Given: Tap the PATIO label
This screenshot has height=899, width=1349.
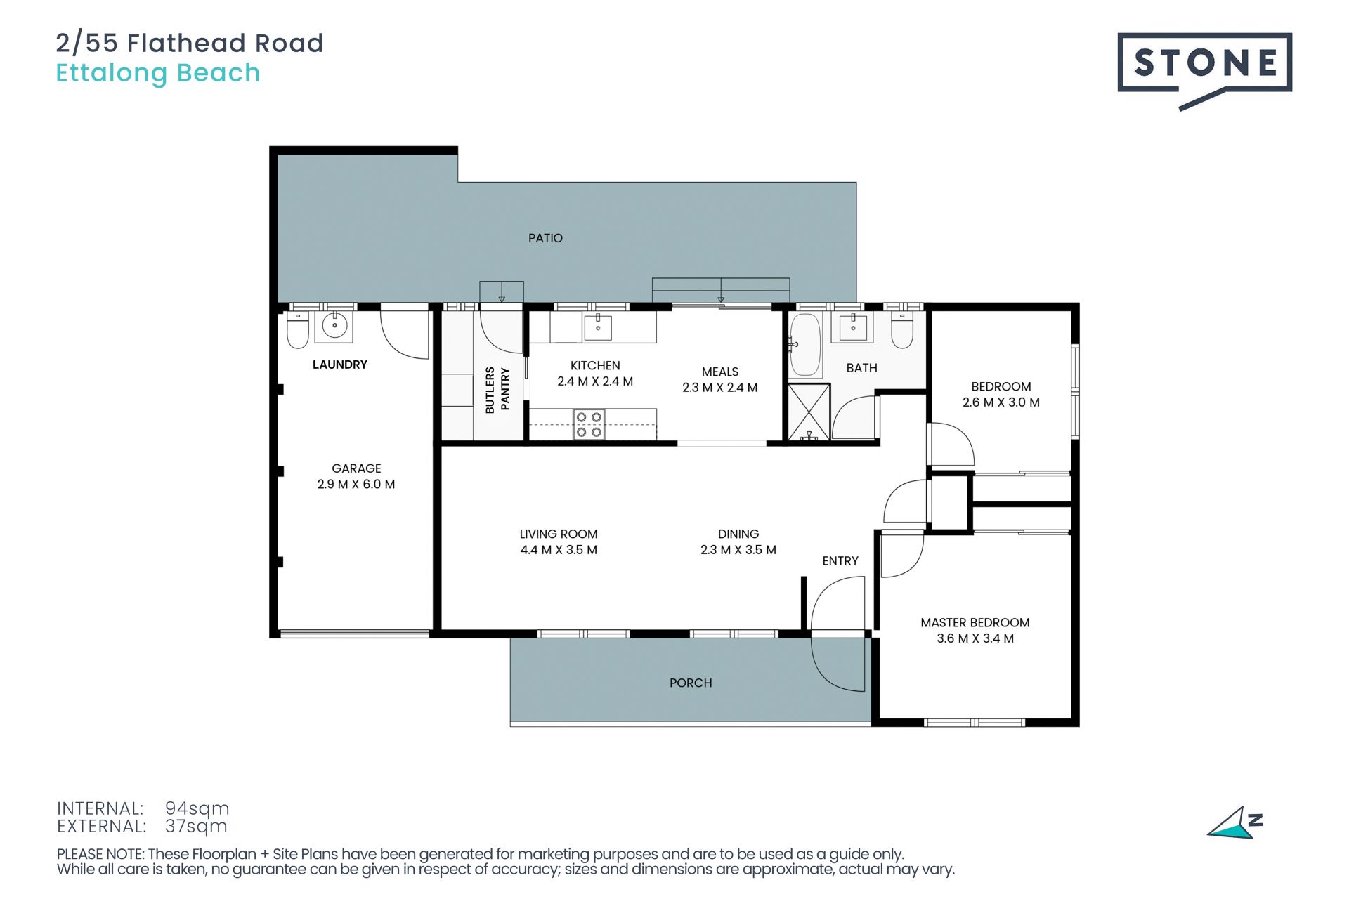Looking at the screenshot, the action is point(545,238).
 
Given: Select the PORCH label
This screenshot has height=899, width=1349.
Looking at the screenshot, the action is point(691,683).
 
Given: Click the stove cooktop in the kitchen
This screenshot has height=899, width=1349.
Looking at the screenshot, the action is point(589,425).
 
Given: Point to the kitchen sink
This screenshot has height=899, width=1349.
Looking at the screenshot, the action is point(598,327).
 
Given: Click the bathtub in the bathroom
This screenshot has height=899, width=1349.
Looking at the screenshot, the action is point(805,344).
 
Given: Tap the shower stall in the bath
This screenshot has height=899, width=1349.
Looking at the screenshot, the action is point(809,412).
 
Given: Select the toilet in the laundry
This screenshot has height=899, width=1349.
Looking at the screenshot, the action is point(297,331).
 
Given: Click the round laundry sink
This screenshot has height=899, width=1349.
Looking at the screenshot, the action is point(334,325).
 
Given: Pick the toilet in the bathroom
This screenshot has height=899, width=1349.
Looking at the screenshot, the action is point(902,331).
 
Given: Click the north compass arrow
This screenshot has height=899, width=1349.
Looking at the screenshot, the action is point(1234,823).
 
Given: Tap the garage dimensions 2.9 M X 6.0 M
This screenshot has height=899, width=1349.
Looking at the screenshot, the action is point(356,484).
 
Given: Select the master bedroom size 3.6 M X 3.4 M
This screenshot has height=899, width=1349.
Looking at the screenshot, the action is point(975,638).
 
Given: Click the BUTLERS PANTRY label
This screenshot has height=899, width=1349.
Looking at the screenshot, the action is point(497,390).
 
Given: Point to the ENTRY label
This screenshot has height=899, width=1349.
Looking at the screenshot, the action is point(840,560).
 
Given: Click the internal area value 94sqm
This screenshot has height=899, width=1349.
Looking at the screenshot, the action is point(197,808).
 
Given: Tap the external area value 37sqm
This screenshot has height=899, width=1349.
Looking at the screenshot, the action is point(196,827).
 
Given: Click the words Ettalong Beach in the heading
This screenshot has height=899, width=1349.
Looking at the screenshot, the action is point(158,73).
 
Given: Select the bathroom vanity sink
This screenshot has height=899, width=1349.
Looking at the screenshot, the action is point(853,327).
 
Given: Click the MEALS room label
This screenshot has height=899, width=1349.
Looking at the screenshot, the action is point(720,372).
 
